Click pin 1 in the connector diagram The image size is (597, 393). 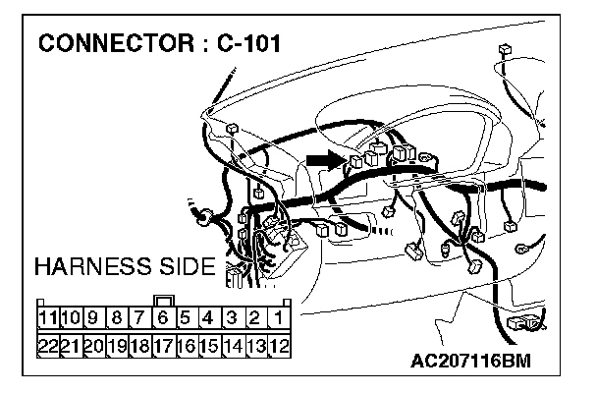point(279,317)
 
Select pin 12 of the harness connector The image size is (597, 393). point(279,345)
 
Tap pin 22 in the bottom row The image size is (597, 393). point(46,345)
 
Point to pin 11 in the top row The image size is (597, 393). point(46,317)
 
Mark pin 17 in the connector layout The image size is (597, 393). point(162,345)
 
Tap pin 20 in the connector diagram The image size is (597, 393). point(93,345)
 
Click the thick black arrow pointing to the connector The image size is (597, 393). point(324,157)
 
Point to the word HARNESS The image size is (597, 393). point(94,266)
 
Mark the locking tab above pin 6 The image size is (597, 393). point(163,302)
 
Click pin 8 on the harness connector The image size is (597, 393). point(116,317)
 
